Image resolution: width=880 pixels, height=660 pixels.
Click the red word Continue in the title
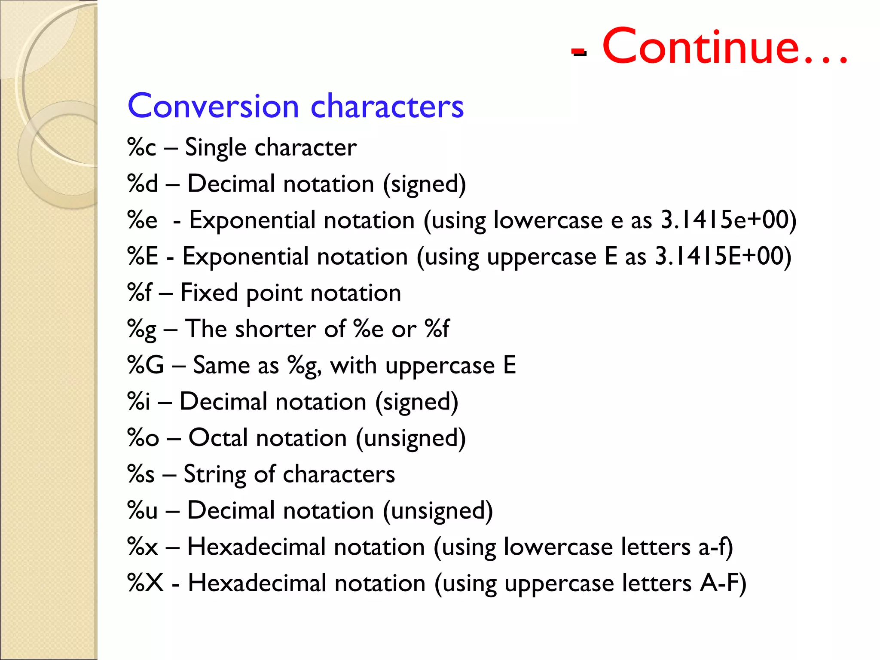coord(700,46)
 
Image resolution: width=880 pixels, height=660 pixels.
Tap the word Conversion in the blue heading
coord(213,106)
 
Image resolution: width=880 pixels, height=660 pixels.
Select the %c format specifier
coord(142,147)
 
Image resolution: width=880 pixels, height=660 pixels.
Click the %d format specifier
coord(143,184)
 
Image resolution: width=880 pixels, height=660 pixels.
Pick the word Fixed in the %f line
coord(209,293)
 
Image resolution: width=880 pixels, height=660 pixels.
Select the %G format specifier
coord(146,365)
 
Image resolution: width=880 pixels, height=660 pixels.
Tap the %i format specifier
coord(139,402)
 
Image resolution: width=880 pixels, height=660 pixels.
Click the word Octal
coord(218,438)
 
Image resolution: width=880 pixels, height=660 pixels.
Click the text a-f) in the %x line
coord(716,547)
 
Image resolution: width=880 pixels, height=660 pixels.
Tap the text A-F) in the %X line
coord(723,583)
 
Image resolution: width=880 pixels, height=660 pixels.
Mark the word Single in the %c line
coord(215,147)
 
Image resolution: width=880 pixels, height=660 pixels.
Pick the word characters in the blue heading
coord(387,106)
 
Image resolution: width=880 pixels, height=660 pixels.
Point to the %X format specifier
coord(146,583)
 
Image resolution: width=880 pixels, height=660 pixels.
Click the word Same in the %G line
coord(221,365)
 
